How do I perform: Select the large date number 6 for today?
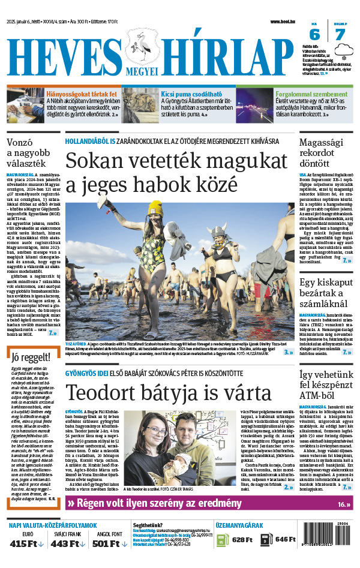click(x=314, y=35)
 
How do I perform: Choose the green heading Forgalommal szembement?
click(x=313, y=94)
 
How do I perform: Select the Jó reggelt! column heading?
click(x=29, y=358)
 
